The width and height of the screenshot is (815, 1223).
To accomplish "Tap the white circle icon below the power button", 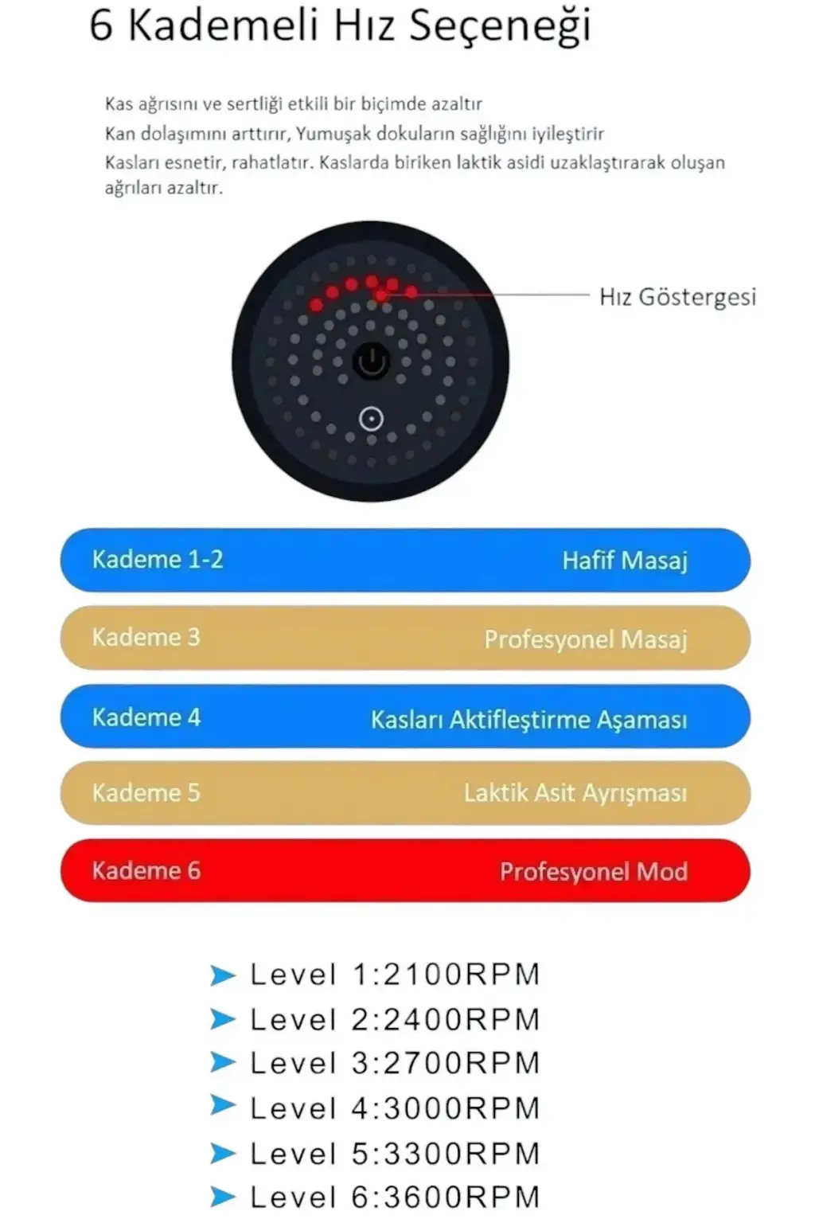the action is [x=371, y=420].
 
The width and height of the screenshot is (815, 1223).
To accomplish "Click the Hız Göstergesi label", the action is [x=677, y=298].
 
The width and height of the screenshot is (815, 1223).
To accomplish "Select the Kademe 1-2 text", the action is [x=158, y=560].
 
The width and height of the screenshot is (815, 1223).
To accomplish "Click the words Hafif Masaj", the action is [x=625, y=561].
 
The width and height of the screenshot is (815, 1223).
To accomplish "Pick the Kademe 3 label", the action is [x=146, y=637].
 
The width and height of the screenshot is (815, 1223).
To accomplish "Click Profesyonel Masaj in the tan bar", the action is [x=586, y=639].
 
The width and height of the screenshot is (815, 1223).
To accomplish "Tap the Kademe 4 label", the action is [x=146, y=717].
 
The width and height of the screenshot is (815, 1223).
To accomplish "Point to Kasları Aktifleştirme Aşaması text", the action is [x=529, y=720].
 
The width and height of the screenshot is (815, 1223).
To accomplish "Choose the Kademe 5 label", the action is [x=146, y=793].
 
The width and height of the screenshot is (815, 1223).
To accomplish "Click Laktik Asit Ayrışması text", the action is [x=575, y=793].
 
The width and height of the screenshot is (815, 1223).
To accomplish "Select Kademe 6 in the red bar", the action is [x=146, y=870].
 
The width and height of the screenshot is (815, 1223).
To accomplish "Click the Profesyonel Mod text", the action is [x=594, y=871].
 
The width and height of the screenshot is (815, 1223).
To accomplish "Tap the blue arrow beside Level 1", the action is [x=223, y=975].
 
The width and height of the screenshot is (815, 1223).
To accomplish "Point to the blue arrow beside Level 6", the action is [x=223, y=1197].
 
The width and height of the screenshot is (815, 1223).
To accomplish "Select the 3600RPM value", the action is [x=462, y=1198].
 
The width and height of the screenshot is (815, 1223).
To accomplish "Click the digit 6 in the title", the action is [x=101, y=25].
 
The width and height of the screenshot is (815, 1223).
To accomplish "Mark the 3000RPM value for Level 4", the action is [x=462, y=1108].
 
